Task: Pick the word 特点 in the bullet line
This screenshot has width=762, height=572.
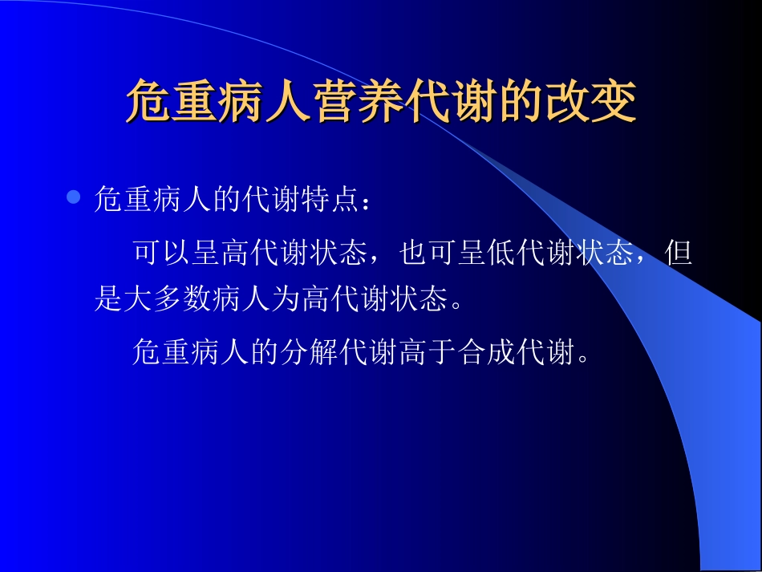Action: pos(331,200)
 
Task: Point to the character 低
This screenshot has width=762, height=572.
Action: pos(501,254)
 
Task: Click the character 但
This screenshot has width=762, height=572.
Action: pos(679,254)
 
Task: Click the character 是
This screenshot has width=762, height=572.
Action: pos(107,300)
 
